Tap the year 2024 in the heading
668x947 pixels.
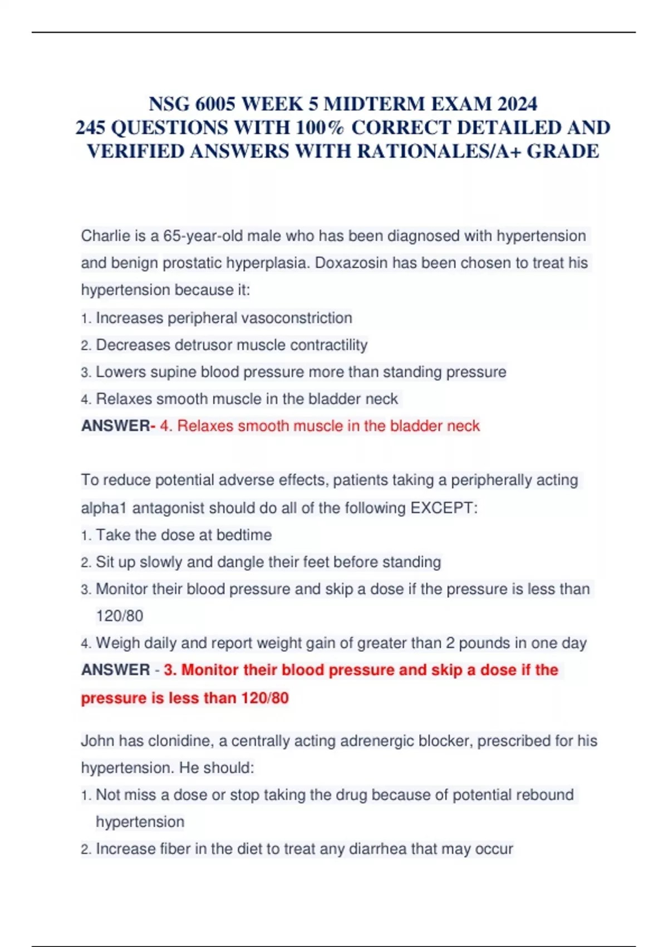tap(517, 104)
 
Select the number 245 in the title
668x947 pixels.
tap(90, 128)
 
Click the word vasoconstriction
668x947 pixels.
tap(298, 318)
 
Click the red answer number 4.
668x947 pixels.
tap(165, 426)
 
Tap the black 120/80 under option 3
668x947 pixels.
tap(119, 616)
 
